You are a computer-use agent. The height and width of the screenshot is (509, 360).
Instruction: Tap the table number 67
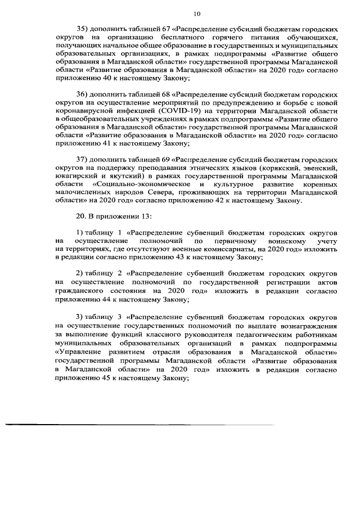point(166,28)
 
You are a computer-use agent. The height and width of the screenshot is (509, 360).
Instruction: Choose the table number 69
point(166,160)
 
